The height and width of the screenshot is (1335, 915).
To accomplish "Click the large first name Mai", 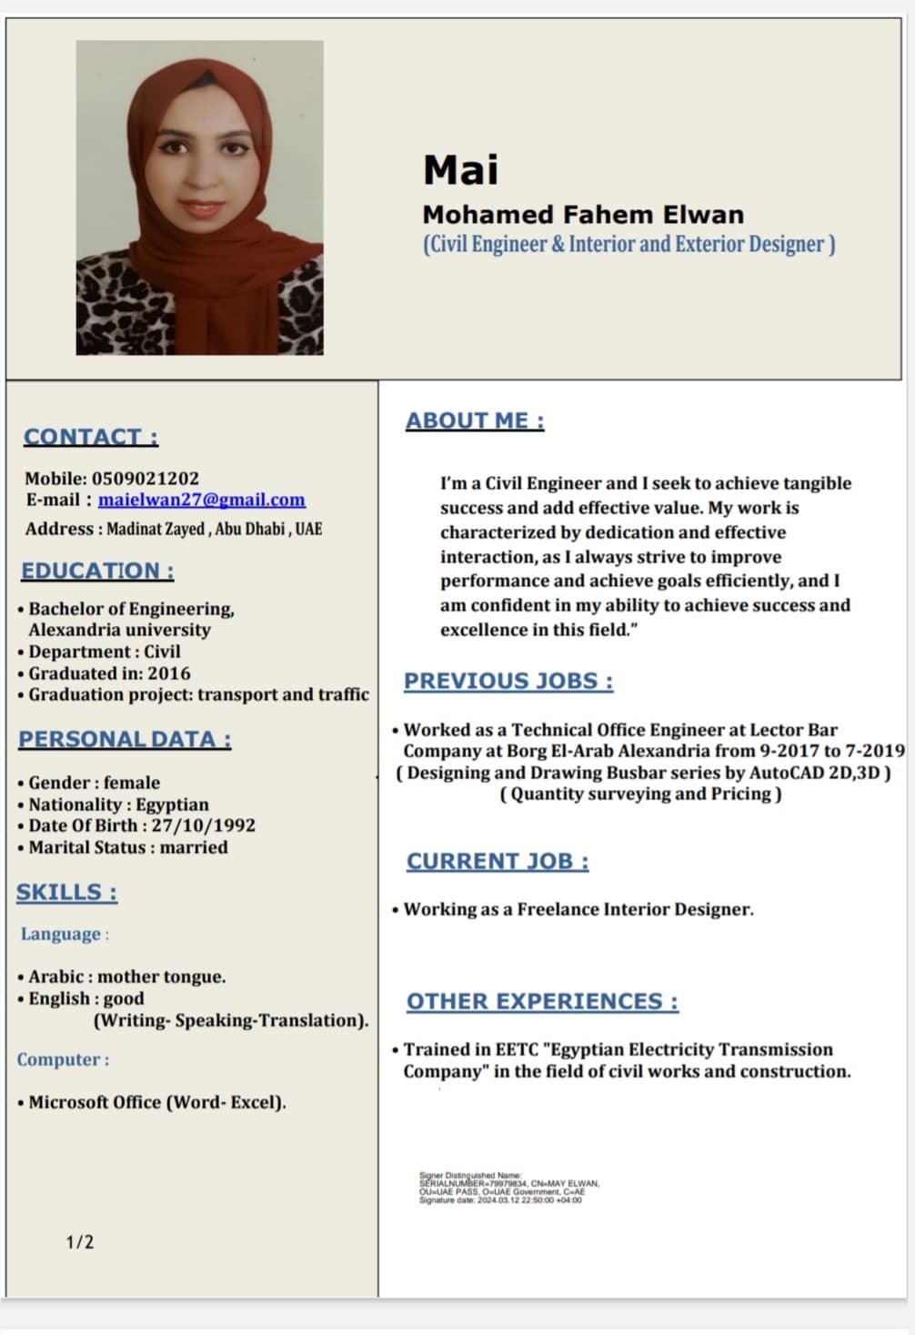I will [x=460, y=170].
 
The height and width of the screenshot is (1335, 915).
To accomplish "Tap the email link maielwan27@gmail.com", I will [x=201, y=500].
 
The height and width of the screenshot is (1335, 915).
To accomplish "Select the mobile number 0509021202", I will [x=145, y=478].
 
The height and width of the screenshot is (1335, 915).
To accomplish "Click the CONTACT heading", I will [x=90, y=437].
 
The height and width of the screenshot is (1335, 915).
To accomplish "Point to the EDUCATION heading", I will [x=97, y=571].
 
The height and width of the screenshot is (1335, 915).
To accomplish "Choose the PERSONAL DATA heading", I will [x=125, y=739].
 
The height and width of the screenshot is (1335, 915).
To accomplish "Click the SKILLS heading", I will [x=66, y=892].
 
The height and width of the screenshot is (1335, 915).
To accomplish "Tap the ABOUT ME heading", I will [x=475, y=420].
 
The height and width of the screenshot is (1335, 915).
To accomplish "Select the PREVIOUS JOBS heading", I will [x=508, y=681].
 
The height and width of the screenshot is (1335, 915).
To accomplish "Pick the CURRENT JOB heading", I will [x=498, y=861].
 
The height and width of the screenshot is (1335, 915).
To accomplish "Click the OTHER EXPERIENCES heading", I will [x=542, y=1001].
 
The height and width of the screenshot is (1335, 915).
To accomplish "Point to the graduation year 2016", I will [x=168, y=673].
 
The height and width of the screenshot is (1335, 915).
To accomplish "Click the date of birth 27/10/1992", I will [x=203, y=825].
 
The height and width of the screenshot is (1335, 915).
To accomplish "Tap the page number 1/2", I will [x=79, y=1242].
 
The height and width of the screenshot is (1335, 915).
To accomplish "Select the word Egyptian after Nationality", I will [x=172, y=804].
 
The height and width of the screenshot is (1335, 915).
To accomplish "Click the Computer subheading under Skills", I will [x=63, y=1059].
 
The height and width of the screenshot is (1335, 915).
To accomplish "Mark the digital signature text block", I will [x=508, y=1188].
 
